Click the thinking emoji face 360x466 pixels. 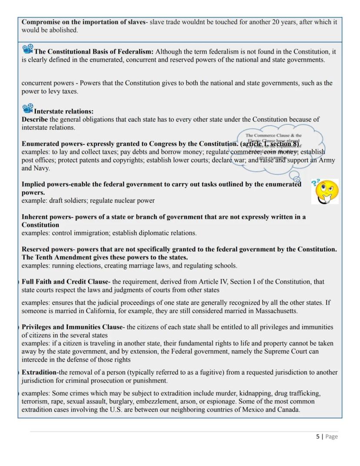pos(326,191)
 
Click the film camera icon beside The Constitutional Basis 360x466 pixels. pos(27,49)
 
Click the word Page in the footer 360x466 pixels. pos(331,436)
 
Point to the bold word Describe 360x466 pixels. pos(35,119)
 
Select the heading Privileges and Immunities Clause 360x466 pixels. pos(72,327)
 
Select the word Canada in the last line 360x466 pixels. pos(288,410)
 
